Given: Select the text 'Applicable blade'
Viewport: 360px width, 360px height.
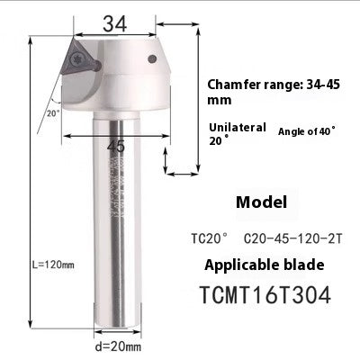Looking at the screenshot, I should click(262, 265).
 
